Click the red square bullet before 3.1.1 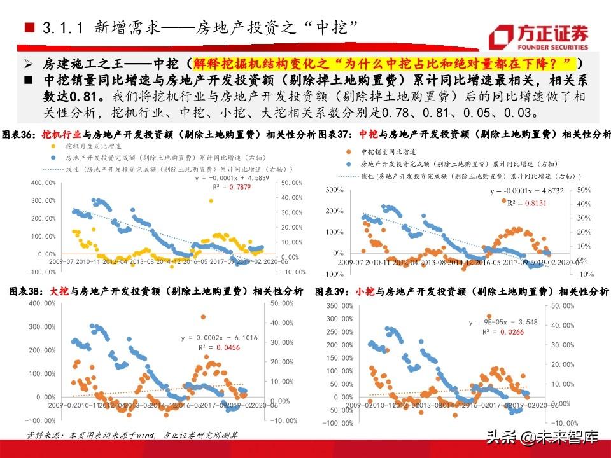click(29, 28)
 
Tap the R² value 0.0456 click(227, 348)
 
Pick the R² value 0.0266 click(514, 332)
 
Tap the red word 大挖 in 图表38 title click(59, 291)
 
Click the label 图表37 click(335, 134)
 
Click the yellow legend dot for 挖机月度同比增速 click(53, 146)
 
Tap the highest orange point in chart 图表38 click(203, 316)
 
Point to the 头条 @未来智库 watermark click(542, 437)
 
